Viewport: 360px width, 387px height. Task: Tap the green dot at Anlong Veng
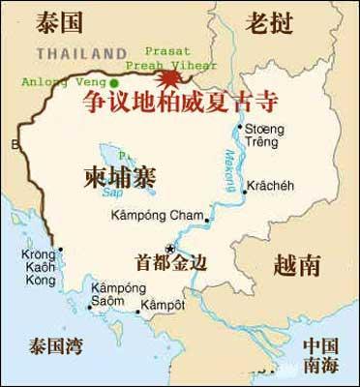point(113,82)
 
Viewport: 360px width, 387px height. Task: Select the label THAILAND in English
point(81,52)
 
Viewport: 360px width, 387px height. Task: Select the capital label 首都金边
point(173,262)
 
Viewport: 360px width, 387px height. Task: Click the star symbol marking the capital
point(170,249)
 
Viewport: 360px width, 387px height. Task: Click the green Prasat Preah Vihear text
point(170,58)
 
